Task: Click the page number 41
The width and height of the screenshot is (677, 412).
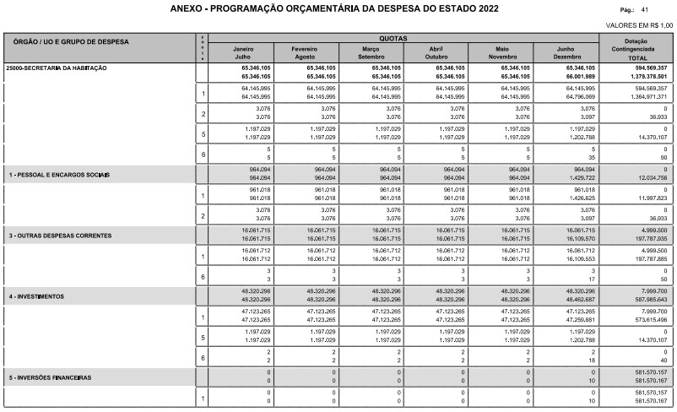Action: click(x=645, y=8)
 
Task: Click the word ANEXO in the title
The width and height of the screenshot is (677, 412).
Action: click(x=187, y=8)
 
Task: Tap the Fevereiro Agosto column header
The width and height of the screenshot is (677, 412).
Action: click(x=306, y=52)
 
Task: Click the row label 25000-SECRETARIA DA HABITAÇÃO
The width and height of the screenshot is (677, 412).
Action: click(x=57, y=67)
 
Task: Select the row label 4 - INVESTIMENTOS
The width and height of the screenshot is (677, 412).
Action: click(x=37, y=296)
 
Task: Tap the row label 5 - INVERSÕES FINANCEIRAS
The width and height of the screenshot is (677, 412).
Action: click(x=50, y=377)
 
